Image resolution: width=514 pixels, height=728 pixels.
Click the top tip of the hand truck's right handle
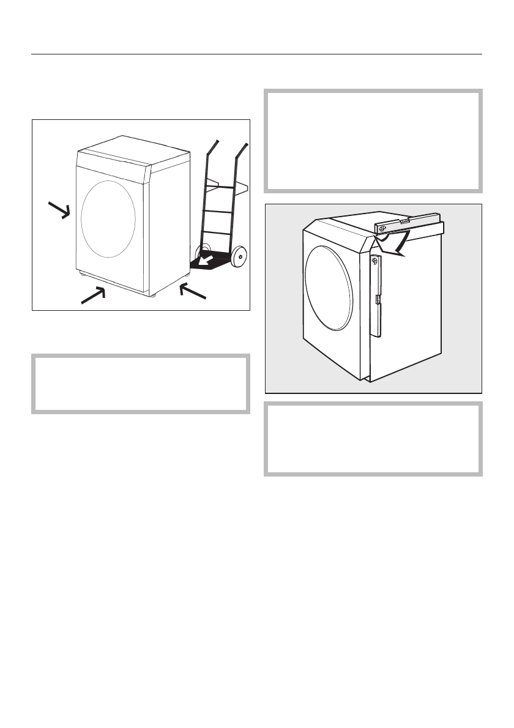247,144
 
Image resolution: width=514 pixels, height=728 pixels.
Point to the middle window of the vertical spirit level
376,299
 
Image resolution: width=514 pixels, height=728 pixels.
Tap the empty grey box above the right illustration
373,141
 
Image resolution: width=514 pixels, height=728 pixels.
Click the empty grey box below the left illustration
141,384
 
